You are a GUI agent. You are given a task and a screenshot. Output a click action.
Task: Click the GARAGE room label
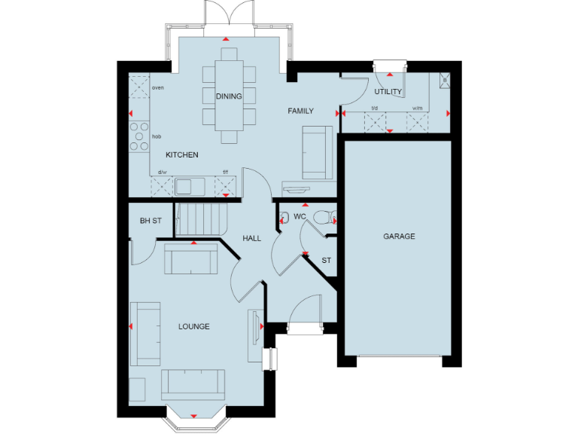[x=399, y=236]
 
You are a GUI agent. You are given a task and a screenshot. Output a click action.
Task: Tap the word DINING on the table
[x=229, y=96]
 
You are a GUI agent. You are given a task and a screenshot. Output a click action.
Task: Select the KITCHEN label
[x=182, y=154]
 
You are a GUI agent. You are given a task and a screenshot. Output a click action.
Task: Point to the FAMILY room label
[x=300, y=111]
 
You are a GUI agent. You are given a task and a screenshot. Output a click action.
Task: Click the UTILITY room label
[x=388, y=92]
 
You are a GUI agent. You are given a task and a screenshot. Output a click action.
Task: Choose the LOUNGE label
[x=193, y=326]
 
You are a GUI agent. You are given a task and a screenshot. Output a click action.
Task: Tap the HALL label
[x=251, y=238]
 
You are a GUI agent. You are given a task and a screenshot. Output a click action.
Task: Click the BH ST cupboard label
[x=151, y=221]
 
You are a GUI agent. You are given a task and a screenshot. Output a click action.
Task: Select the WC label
[x=300, y=217]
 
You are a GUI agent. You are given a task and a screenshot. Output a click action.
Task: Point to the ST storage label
[x=326, y=261]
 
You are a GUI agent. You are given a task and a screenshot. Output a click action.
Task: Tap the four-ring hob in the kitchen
[x=139, y=136]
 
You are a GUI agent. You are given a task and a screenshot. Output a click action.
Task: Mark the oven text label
[x=158, y=87]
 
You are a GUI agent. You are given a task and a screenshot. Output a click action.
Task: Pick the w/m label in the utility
[x=417, y=108]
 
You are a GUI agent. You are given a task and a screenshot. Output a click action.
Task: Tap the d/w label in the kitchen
[x=162, y=172]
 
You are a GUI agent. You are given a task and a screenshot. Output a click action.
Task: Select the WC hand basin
[x=284, y=219]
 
